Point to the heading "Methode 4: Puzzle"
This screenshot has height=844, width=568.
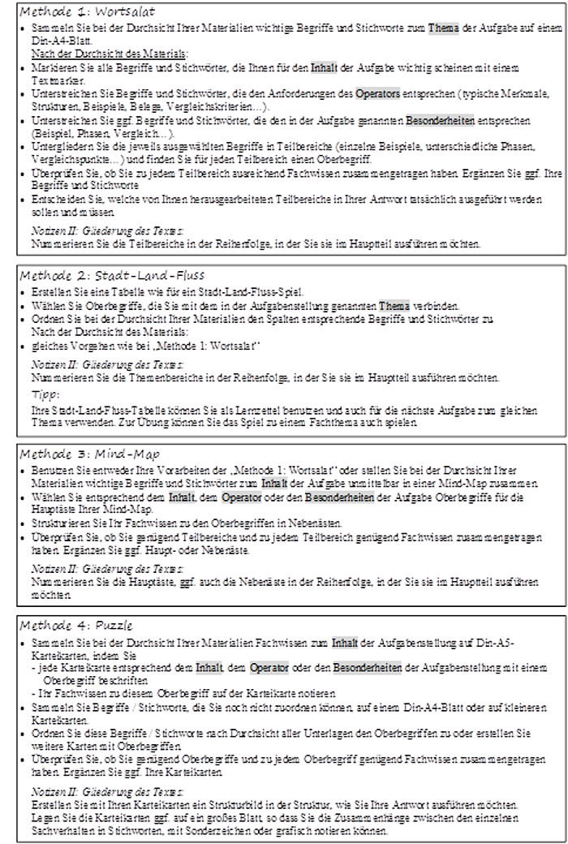click(x=80, y=626)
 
